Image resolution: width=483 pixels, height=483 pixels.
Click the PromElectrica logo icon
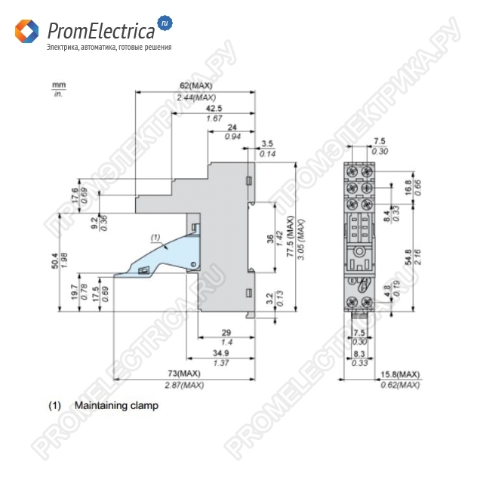point(27,32)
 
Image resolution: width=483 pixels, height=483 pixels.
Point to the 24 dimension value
point(232,126)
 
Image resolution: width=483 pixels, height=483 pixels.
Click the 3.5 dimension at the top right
point(267,143)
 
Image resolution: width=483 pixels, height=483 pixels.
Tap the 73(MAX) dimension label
point(184,374)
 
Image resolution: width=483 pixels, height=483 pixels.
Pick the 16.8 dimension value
point(408,186)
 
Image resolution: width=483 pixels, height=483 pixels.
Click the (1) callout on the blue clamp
point(155,238)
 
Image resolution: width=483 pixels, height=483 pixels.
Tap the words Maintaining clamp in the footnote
point(116,405)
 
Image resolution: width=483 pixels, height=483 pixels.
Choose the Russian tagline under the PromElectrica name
point(109,48)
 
